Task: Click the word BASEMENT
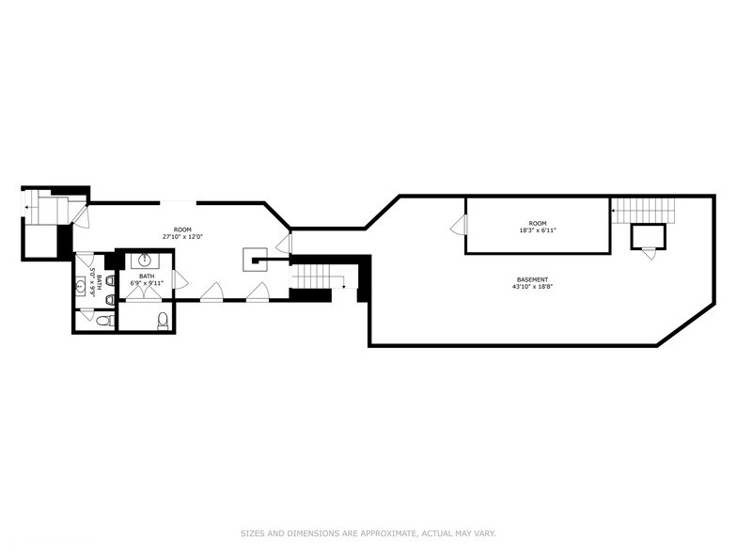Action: coord(532,279)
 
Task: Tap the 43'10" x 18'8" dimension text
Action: coord(532,287)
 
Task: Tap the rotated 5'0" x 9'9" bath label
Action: coord(93,282)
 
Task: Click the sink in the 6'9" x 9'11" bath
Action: coord(146,261)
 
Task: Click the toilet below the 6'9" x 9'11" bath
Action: coord(163,321)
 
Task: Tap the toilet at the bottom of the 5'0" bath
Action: coord(103,322)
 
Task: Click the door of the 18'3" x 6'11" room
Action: coord(459,226)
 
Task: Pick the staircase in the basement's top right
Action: coord(643,209)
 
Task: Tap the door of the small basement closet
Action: coord(647,251)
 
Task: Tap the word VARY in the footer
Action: coord(483,533)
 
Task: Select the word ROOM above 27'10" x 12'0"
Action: coord(182,230)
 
